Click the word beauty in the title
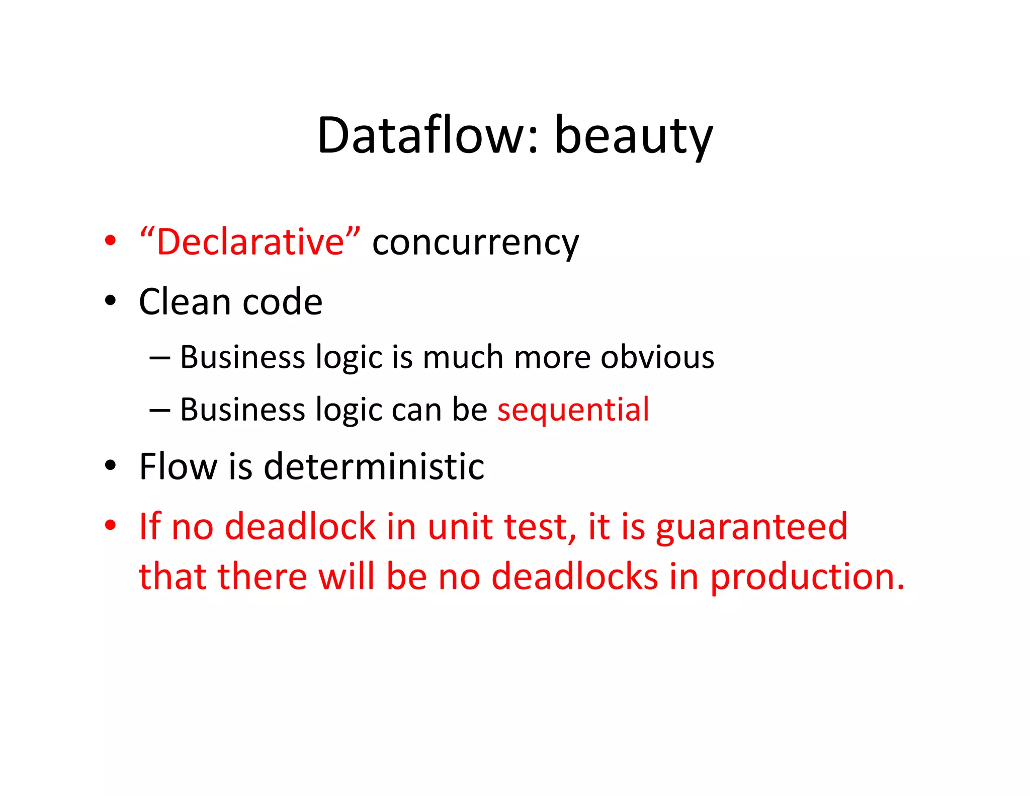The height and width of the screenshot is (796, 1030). click(633, 136)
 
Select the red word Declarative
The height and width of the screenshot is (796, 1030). click(250, 242)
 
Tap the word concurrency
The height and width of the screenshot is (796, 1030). click(475, 243)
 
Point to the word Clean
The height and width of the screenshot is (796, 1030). click(185, 302)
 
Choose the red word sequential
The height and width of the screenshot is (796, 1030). click(573, 410)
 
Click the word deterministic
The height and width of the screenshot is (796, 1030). click(374, 466)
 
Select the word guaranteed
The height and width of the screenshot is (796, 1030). click(751, 527)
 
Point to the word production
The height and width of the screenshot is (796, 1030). click(807, 577)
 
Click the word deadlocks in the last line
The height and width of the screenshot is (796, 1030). click(574, 577)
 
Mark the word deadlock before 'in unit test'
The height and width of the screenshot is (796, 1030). click(300, 527)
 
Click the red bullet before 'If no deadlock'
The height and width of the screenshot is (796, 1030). click(110, 525)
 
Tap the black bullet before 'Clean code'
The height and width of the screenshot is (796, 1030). click(110, 301)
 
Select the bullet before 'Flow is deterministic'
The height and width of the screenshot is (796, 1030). click(110, 465)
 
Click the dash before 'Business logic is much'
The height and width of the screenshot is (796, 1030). click(160, 358)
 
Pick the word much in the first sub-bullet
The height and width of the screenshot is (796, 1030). click(463, 357)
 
